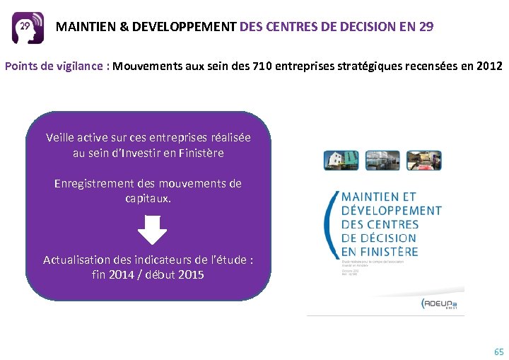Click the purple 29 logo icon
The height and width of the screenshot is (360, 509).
[x=28, y=28]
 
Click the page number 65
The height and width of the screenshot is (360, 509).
[x=499, y=352]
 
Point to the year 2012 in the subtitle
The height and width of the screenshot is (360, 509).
[x=488, y=66]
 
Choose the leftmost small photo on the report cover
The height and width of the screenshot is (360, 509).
[x=337, y=160]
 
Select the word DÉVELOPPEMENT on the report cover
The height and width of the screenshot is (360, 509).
[x=391, y=210]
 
